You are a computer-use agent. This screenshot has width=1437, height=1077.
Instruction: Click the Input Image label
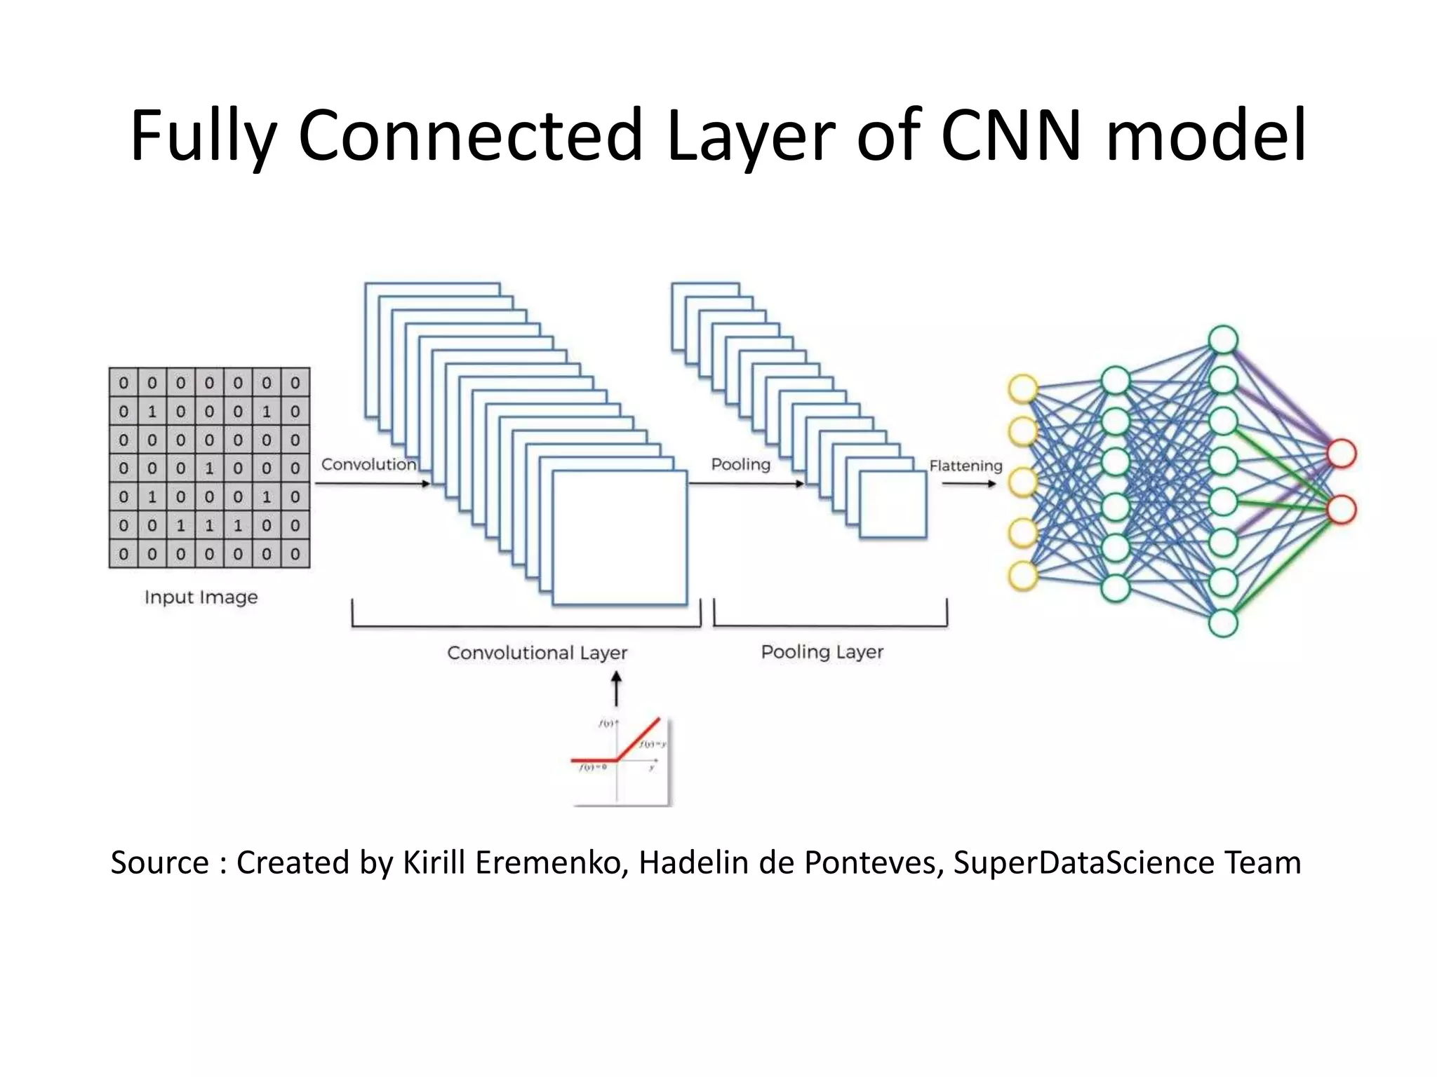tap(201, 597)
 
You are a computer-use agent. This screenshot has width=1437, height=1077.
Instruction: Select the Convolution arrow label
tap(368, 464)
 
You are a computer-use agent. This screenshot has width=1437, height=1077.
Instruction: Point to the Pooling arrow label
tap(740, 464)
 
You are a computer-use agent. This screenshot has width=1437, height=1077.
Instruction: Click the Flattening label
tap(965, 466)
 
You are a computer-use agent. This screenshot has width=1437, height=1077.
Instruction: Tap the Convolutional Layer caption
tap(537, 653)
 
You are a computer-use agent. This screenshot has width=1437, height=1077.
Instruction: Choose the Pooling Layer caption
tap(822, 652)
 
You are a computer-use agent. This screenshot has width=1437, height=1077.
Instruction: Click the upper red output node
tap(1341, 454)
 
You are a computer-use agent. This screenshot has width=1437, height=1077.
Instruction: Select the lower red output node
tap(1341, 510)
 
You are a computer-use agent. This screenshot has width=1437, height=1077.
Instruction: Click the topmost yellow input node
tap(1023, 388)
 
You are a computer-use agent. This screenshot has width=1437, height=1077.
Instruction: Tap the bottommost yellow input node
tap(1023, 576)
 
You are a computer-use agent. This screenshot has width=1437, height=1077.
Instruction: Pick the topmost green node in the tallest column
tap(1223, 340)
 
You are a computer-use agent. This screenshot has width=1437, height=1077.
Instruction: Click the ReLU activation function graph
tap(620, 761)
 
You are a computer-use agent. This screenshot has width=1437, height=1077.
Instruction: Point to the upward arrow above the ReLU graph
tap(616, 689)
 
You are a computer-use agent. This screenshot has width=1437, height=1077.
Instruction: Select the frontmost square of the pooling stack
tap(893, 504)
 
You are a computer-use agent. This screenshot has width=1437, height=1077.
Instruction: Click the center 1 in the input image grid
tap(209, 468)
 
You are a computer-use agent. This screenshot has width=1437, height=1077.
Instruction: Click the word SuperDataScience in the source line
tap(1083, 862)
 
